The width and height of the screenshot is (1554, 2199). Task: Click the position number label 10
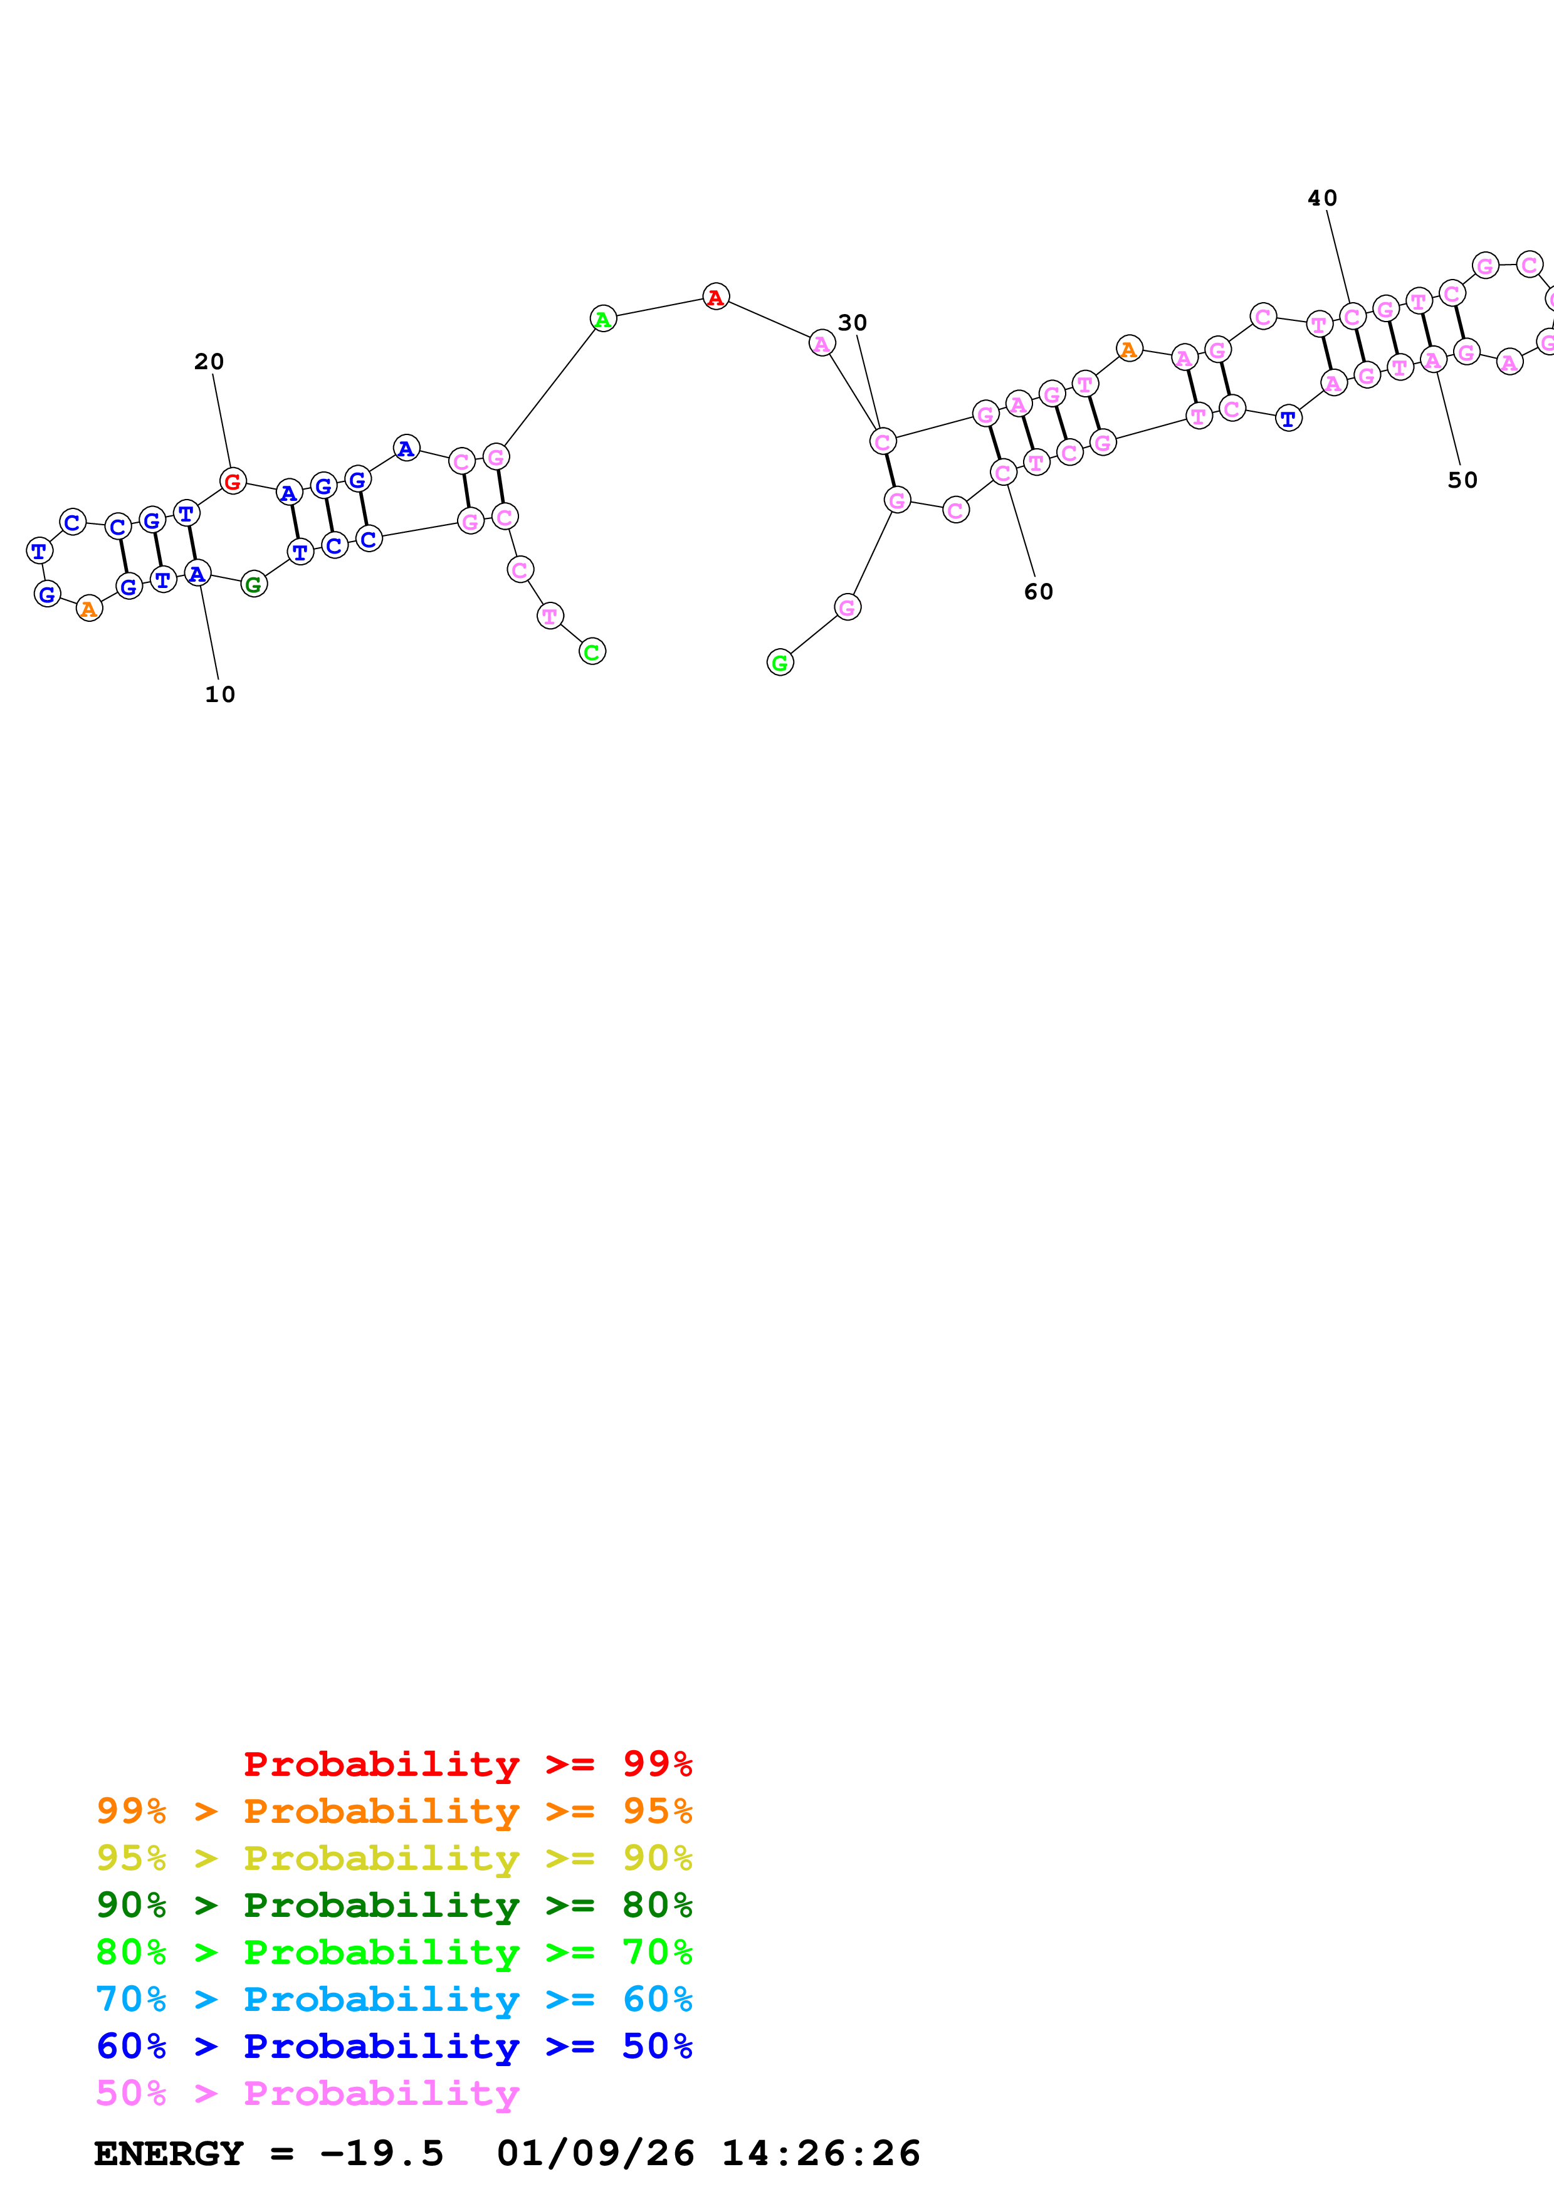click(220, 695)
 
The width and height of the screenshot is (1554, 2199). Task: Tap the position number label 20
click(209, 361)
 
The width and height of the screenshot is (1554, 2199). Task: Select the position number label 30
click(852, 323)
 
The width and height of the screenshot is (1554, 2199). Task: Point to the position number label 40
click(1322, 198)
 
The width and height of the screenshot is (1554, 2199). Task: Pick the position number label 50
click(1462, 480)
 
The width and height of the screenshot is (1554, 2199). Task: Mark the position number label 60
click(1038, 592)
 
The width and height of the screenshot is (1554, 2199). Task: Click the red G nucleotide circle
click(233, 481)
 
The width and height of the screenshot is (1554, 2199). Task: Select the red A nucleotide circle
click(715, 297)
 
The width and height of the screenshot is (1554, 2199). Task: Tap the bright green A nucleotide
click(603, 319)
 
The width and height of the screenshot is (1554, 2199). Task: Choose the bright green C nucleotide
click(592, 651)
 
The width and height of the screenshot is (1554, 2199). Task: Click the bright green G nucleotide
click(780, 662)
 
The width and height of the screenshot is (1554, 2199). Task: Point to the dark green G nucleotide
click(254, 584)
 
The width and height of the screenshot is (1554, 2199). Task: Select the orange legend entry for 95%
click(394, 1811)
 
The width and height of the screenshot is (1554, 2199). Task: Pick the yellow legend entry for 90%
click(394, 1858)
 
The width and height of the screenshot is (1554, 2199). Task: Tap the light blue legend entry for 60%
click(394, 1999)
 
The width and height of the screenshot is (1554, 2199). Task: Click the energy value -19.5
click(382, 2154)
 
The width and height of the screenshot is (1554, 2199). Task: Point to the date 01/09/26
click(596, 2154)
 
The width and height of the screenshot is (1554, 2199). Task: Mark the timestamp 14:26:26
click(821, 2154)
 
